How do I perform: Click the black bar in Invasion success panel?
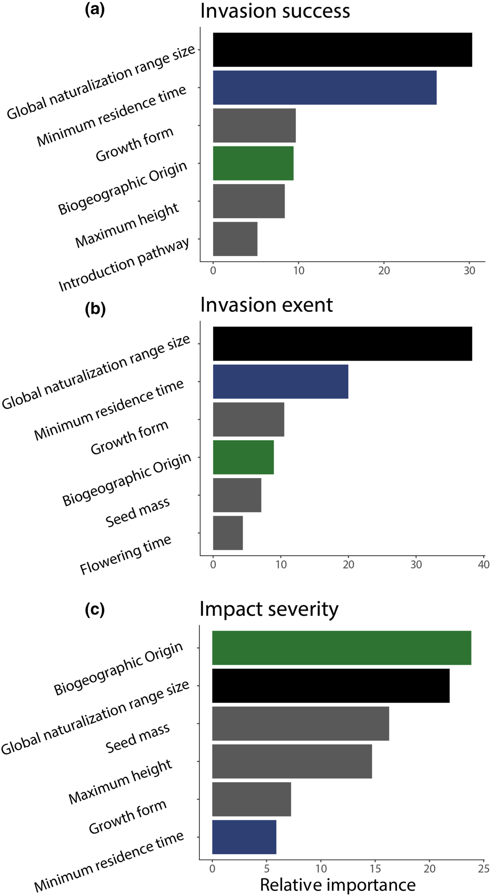[x=342, y=50]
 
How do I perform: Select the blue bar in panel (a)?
[x=325, y=87]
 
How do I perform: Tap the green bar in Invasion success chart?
[x=253, y=163]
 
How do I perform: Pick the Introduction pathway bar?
[x=235, y=239]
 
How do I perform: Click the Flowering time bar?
[x=228, y=533]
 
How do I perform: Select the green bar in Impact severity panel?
[x=341, y=648]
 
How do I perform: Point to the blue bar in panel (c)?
[x=244, y=837]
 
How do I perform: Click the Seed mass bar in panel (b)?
[x=237, y=495]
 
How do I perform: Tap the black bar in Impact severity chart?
[x=331, y=685]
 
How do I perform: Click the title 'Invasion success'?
[x=275, y=11]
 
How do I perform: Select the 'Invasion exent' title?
[x=266, y=305]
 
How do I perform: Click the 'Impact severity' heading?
[x=269, y=609]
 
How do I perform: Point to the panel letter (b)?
[x=95, y=309]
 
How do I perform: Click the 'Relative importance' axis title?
[x=338, y=885]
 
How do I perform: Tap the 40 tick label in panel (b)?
[x=483, y=564]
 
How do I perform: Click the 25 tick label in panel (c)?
[x=483, y=869]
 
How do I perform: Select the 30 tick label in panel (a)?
[x=469, y=271]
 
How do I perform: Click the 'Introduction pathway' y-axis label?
[x=124, y=264]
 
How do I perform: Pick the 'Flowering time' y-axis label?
[x=125, y=554]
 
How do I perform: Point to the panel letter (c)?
[x=95, y=609]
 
